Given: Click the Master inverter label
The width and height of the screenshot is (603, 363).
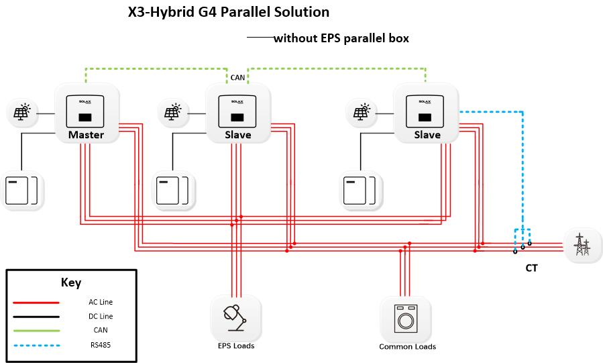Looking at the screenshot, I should [x=86, y=135].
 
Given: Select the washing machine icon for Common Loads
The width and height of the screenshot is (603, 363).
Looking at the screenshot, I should [x=405, y=319].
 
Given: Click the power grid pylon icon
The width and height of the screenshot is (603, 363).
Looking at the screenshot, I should [x=581, y=245].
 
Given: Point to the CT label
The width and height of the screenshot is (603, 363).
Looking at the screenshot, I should [x=531, y=268].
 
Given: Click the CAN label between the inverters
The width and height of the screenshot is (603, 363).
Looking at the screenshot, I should [x=237, y=78].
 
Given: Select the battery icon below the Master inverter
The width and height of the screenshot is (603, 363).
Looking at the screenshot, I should [x=22, y=190].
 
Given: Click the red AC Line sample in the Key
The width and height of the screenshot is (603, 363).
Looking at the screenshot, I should [x=36, y=303].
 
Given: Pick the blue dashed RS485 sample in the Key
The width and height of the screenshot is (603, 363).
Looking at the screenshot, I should [x=36, y=346].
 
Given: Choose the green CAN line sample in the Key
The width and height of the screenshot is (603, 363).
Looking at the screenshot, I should [x=36, y=331].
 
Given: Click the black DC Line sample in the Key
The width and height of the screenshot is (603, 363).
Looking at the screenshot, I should [x=36, y=316].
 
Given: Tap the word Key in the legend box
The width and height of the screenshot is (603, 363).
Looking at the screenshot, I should [x=70, y=282].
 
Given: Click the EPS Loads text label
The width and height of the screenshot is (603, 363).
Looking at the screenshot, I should [x=236, y=346].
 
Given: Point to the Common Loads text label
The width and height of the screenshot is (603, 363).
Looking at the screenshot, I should [x=407, y=347].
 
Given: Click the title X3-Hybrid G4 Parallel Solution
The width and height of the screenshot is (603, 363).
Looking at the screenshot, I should [x=229, y=13].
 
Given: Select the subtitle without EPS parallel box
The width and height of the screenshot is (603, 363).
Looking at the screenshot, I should [x=341, y=39].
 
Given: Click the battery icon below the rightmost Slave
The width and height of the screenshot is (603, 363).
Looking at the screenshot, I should [x=361, y=190].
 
